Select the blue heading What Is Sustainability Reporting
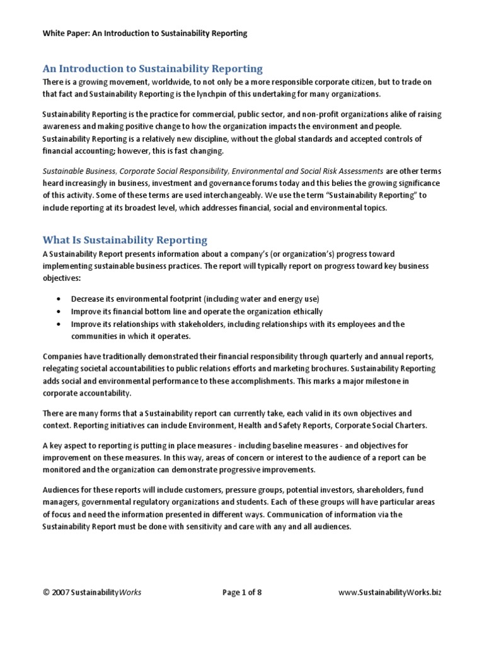[124, 239]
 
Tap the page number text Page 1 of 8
[246, 610]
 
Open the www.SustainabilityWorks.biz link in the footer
[390, 610]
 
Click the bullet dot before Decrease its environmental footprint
[59, 299]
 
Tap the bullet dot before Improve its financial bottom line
[59, 311]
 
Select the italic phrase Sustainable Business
[79, 171]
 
